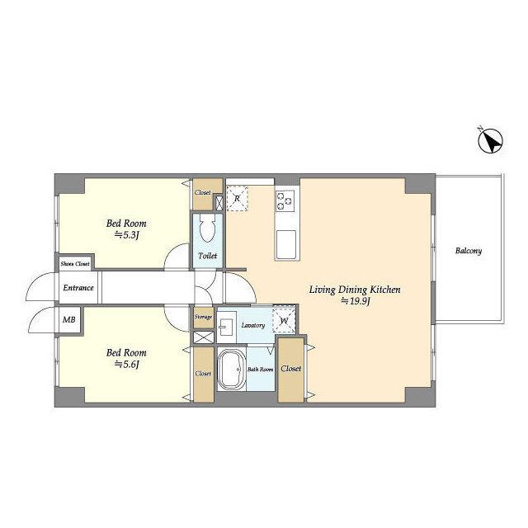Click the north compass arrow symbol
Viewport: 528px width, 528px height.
coord(491,141)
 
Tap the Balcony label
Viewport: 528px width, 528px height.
coord(469,251)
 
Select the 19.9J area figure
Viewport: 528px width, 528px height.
coord(356,301)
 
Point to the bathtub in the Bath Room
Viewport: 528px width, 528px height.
coord(232,370)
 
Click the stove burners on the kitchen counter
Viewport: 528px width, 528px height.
coord(285,201)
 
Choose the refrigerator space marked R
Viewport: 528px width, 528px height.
coord(237,198)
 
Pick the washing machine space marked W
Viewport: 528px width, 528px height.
coord(284,321)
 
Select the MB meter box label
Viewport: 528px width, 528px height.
coord(69,319)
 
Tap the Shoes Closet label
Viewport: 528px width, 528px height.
coord(75,264)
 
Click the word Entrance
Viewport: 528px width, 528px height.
coord(78,288)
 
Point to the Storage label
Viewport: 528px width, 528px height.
coord(203,317)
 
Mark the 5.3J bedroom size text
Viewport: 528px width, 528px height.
coord(127,234)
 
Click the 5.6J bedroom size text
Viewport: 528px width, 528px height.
coord(127,364)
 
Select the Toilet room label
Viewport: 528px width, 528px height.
coord(207,256)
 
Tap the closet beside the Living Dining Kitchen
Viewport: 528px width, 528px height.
coord(291,370)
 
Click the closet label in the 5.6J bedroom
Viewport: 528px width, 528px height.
coord(203,374)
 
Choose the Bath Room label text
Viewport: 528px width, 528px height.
coord(261,370)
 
